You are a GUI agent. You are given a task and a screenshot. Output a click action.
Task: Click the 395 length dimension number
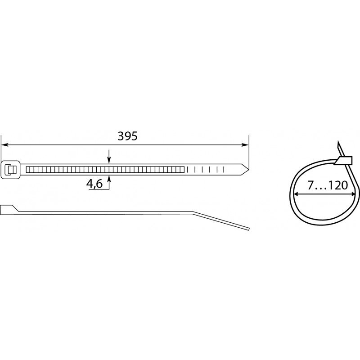127,136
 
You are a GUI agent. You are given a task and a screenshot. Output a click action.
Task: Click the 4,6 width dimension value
94,184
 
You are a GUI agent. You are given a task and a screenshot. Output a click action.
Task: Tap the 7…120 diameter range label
328,185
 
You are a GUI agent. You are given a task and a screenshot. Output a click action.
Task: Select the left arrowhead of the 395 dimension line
5,145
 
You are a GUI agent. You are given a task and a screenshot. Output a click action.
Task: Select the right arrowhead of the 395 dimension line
245,145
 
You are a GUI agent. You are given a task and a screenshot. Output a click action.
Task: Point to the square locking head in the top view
10,170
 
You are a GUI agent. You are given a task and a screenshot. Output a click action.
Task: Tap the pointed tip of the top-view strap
248,170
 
